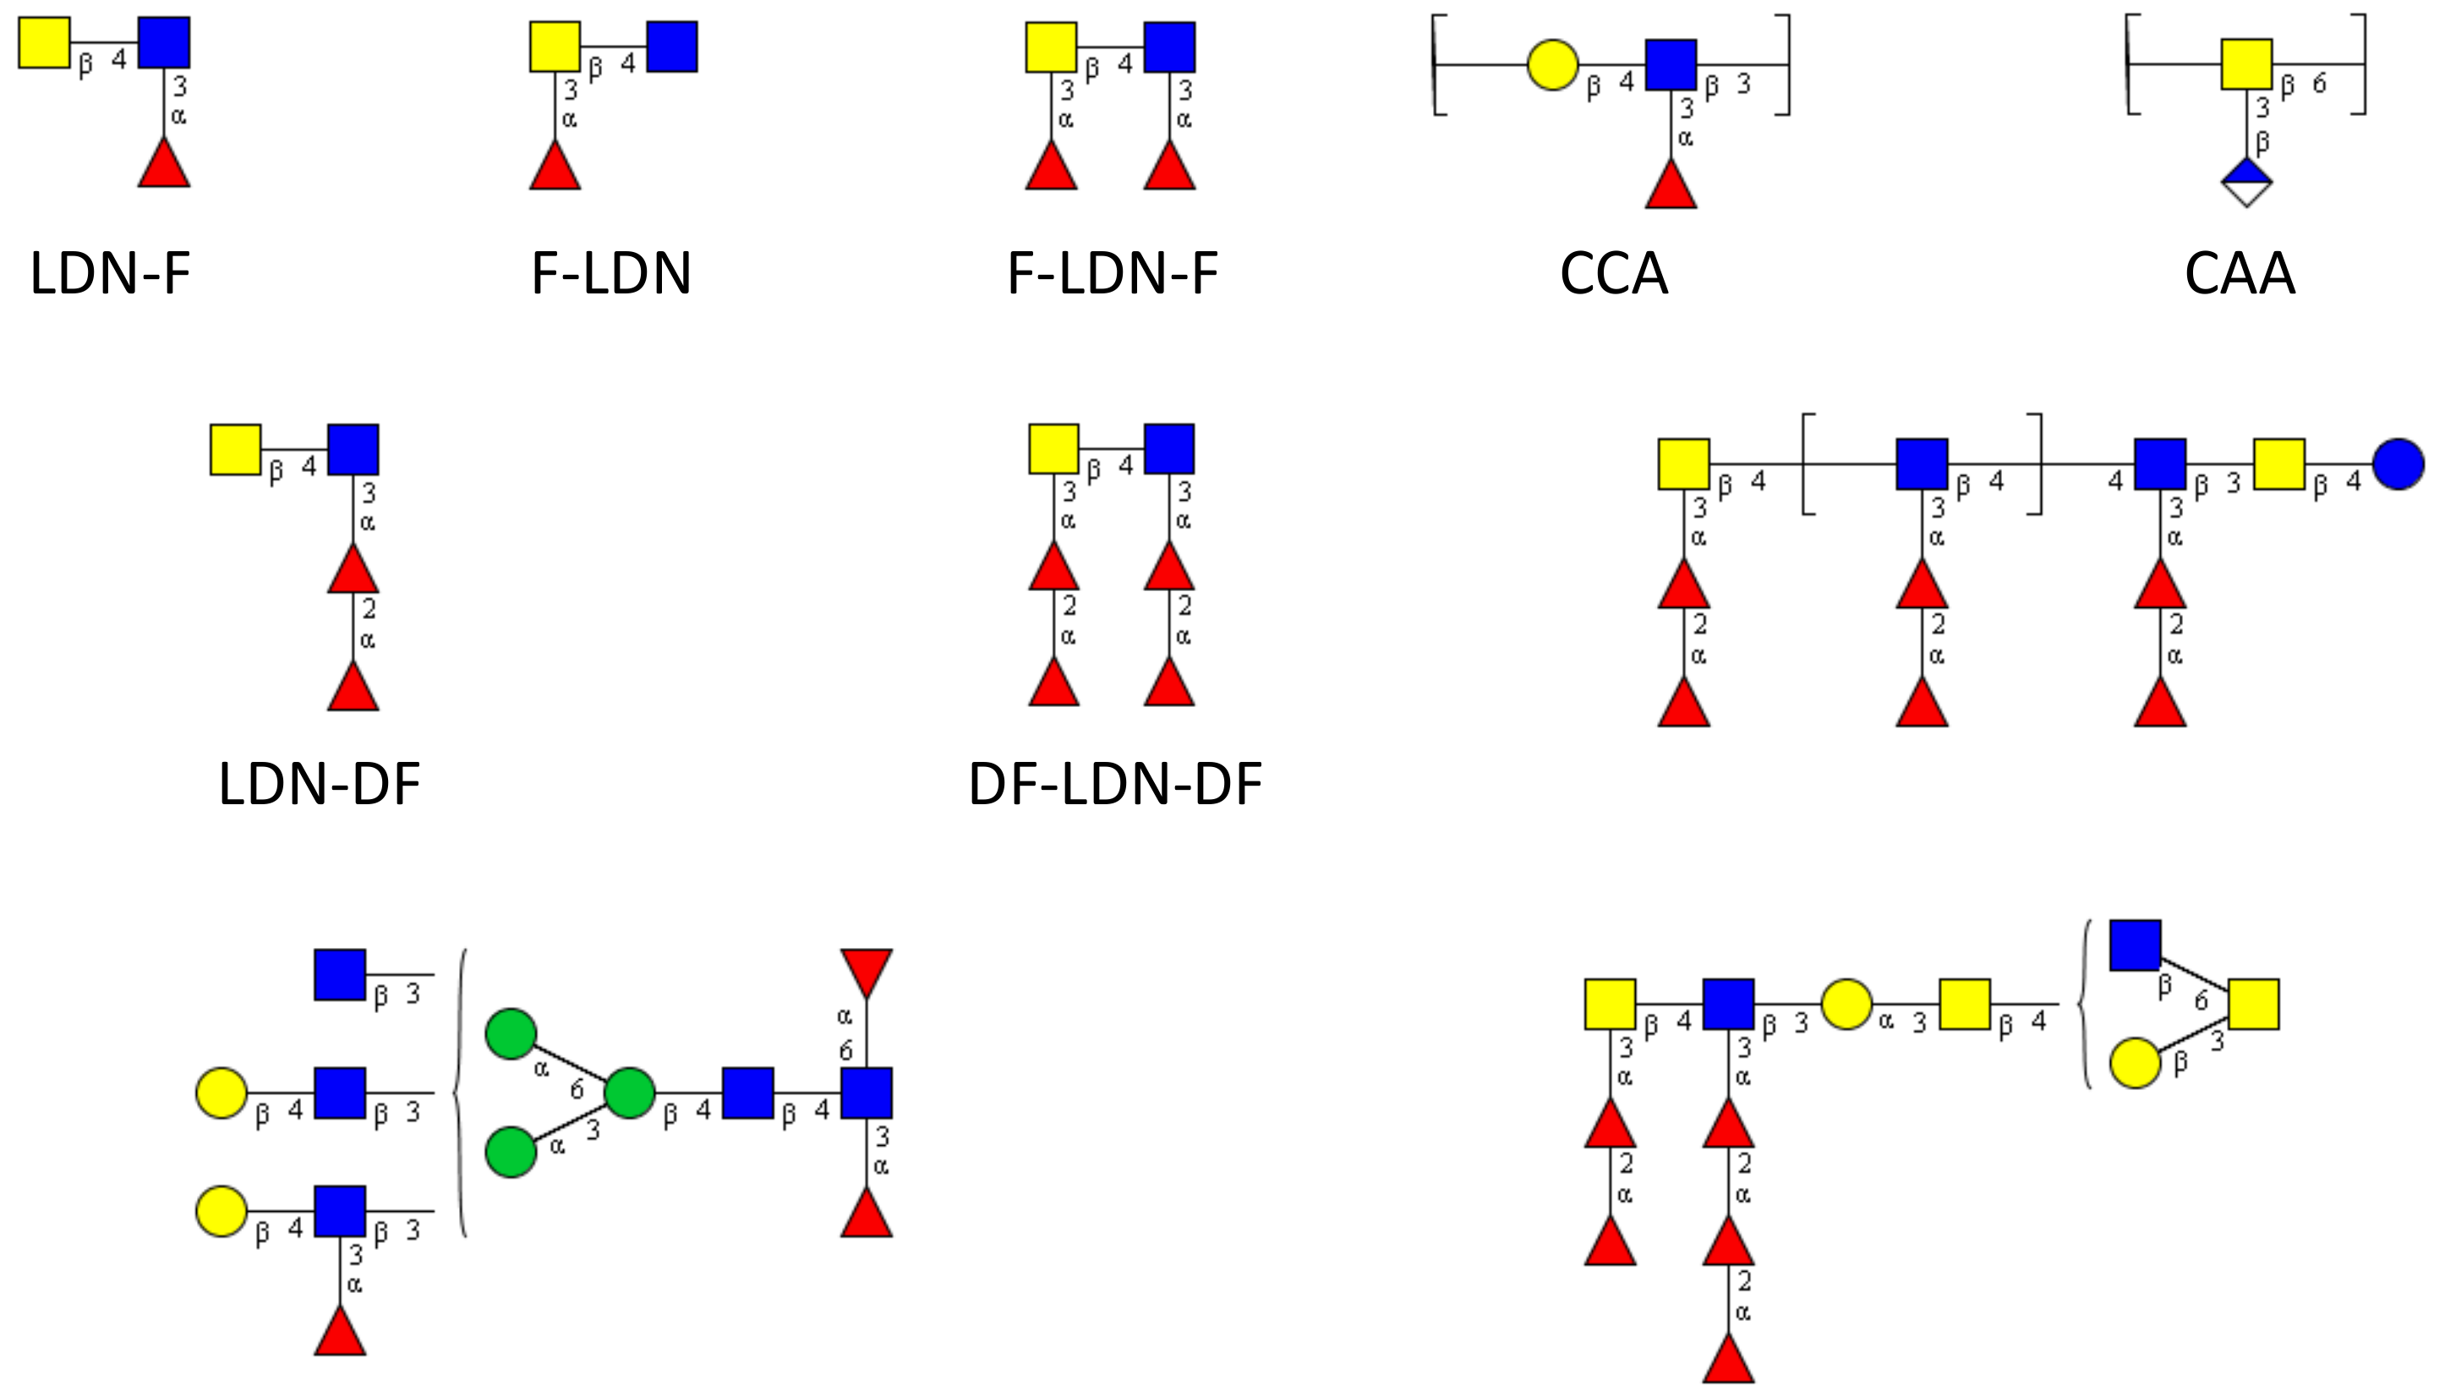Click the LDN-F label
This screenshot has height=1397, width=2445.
tap(110, 273)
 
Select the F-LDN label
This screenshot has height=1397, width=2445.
tap(611, 273)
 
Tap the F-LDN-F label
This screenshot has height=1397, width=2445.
tap(1113, 273)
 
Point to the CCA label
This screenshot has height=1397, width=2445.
tap(1613, 273)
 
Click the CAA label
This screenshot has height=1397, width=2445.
tap(2239, 273)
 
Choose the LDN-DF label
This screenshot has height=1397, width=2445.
tap(320, 784)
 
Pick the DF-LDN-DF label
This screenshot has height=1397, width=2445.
tap(1114, 784)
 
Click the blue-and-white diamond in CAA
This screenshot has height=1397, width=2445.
tap(2246, 183)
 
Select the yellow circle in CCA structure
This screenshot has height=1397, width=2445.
tap(1552, 65)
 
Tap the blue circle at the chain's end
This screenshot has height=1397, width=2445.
tap(2398, 464)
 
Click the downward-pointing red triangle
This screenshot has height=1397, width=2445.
tap(867, 971)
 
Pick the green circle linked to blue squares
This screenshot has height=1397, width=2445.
tap(629, 1092)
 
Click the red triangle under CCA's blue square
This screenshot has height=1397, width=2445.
tap(1670, 186)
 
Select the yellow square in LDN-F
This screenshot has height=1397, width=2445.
tap(44, 42)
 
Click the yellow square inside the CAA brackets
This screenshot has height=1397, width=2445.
tap(2246, 64)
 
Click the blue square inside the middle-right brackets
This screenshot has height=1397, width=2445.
tap(1922, 464)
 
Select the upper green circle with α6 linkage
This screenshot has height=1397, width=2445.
tap(511, 1034)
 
